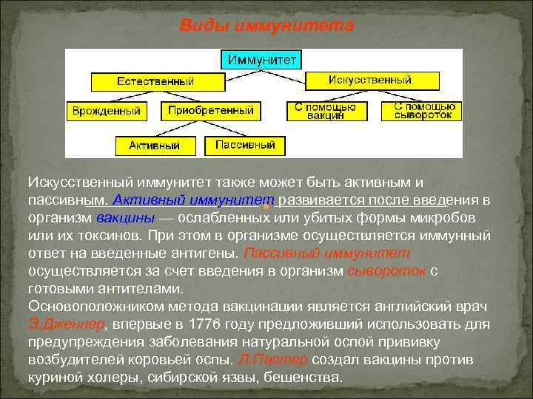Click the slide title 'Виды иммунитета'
point(267,26)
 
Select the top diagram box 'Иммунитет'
point(263,59)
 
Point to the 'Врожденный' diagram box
point(107,111)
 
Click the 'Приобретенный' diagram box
point(211,111)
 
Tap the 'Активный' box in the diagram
point(154,146)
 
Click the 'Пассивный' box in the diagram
point(245,145)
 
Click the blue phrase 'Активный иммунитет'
point(195,201)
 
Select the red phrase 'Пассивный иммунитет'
point(306,253)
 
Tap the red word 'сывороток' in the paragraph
point(386,271)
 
